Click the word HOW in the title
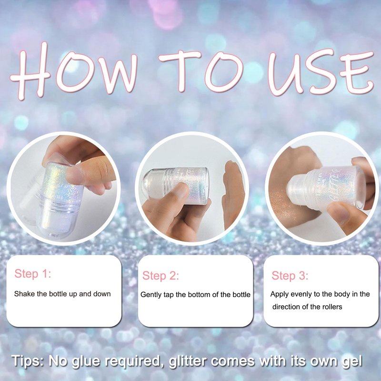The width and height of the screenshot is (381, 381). (x=74, y=70)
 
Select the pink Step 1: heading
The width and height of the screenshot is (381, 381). (x=33, y=273)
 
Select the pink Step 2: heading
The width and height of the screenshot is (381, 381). (x=160, y=276)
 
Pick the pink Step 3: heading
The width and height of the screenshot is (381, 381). (x=290, y=276)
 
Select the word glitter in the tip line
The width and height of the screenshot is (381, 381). (x=188, y=361)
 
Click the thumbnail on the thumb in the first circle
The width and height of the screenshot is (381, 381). (x=72, y=174)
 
